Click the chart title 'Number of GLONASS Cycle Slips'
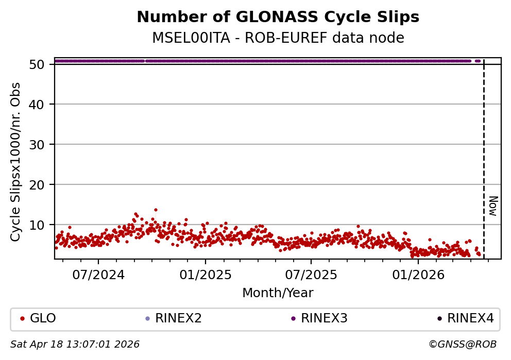(x=278, y=18)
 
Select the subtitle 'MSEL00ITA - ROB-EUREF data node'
(x=278, y=38)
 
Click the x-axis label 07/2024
(x=99, y=275)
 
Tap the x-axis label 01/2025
(x=205, y=275)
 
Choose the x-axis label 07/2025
(x=311, y=275)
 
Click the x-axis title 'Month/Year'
(x=278, y=293)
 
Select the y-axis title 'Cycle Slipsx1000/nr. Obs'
(x=16, y=162)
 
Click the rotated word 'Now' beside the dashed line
(x=493, y=205)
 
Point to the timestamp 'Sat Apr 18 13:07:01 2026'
(x=75, y=344)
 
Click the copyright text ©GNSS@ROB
(x=462, y=344)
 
